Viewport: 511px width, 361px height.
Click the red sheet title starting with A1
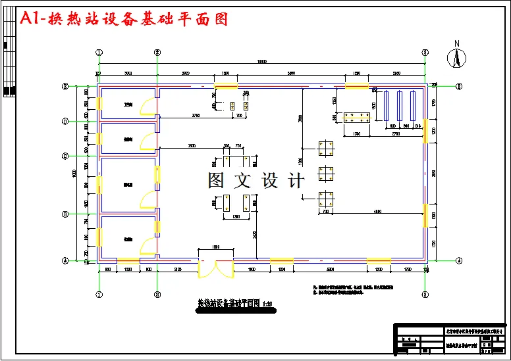click(x=124, y=19)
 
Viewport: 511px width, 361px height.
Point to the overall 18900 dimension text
click(x=261, y=62)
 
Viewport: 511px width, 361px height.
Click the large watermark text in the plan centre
click(x=256, y=180)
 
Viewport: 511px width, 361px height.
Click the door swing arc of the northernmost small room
click(x=148, y=107)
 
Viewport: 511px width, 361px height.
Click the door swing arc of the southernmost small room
click(x=148, y=246)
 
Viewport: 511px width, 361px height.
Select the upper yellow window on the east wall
click(x=425, y=130)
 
